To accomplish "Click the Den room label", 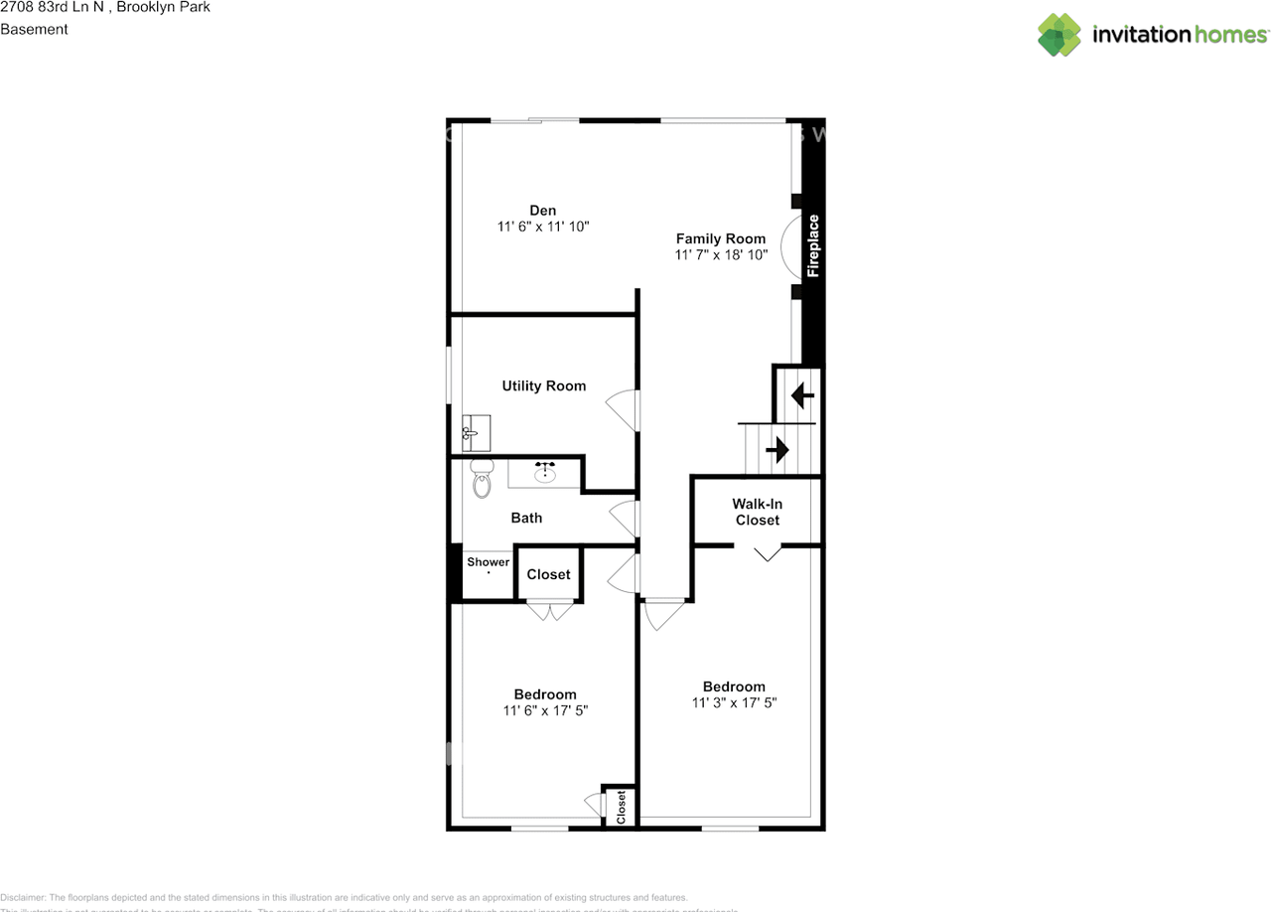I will point(542,210).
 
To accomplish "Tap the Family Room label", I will point(721,238).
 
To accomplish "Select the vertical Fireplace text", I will point(813,245).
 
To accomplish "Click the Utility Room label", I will point(543,385).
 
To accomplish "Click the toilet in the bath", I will point(482,480).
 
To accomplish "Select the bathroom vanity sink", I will point(544,472).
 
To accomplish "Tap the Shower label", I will point(489,562).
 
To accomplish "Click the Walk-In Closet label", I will point(758,512).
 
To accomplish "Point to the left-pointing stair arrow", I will point(801,395).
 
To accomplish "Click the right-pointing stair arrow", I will point(777,450).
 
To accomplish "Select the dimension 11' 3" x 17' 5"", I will point(734,702).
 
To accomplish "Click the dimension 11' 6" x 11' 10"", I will point(543,227).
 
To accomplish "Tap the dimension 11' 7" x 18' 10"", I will point(721,255).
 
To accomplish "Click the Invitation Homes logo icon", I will point(1059,35).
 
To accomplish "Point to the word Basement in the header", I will point(34,29).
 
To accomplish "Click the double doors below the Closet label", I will point(549,610).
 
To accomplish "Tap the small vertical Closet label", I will point(622,807).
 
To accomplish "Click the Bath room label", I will point(526,518).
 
